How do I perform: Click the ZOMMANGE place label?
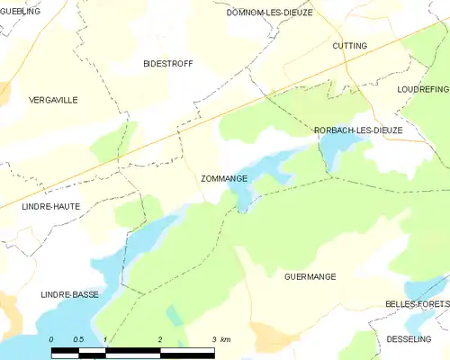224,179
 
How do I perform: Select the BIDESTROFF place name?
168,64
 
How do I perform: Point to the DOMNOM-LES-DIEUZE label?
269,13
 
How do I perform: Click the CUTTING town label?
349,45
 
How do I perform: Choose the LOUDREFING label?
422,90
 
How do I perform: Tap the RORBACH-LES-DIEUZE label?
358,130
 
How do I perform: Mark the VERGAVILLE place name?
53,100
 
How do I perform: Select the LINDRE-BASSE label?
69,294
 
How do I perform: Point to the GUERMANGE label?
310,276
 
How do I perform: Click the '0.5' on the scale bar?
78,339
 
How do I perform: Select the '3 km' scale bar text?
220,339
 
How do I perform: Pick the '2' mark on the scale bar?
159,339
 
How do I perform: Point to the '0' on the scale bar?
51,339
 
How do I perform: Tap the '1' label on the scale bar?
105,339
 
